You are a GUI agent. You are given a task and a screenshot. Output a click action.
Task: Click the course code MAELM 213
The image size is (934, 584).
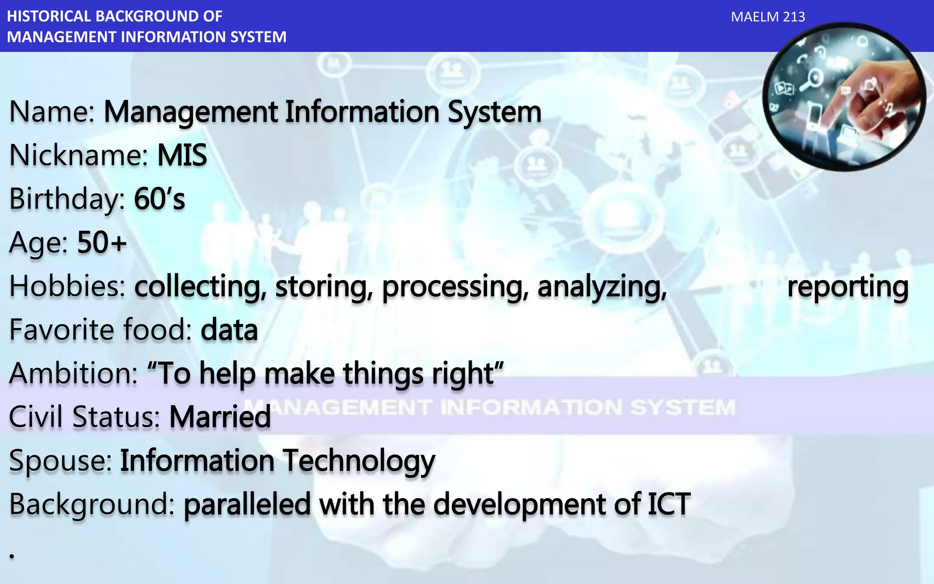[768, 17]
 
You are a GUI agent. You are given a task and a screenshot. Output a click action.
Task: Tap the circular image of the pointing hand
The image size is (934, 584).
[844, 97]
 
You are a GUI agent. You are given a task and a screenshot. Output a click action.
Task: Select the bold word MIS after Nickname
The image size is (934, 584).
[182, 155]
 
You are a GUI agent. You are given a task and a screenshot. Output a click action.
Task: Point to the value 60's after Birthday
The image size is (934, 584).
[160, 199]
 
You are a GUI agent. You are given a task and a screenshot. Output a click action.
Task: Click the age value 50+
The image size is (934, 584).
[102, 242]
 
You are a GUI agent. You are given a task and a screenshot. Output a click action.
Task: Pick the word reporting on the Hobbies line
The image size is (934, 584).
[847, 287]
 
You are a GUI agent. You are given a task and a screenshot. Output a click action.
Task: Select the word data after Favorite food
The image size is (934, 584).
[229, 330]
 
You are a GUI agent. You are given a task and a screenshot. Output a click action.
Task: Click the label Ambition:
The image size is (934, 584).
[73, 373]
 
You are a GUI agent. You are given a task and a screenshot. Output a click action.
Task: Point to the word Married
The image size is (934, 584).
[220, 417]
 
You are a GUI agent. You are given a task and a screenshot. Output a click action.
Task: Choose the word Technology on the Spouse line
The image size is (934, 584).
[358, 460]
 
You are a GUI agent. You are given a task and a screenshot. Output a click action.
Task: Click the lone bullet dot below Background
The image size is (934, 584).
[12, 556]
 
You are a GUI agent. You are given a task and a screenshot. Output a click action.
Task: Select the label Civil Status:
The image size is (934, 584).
[84, 417]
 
